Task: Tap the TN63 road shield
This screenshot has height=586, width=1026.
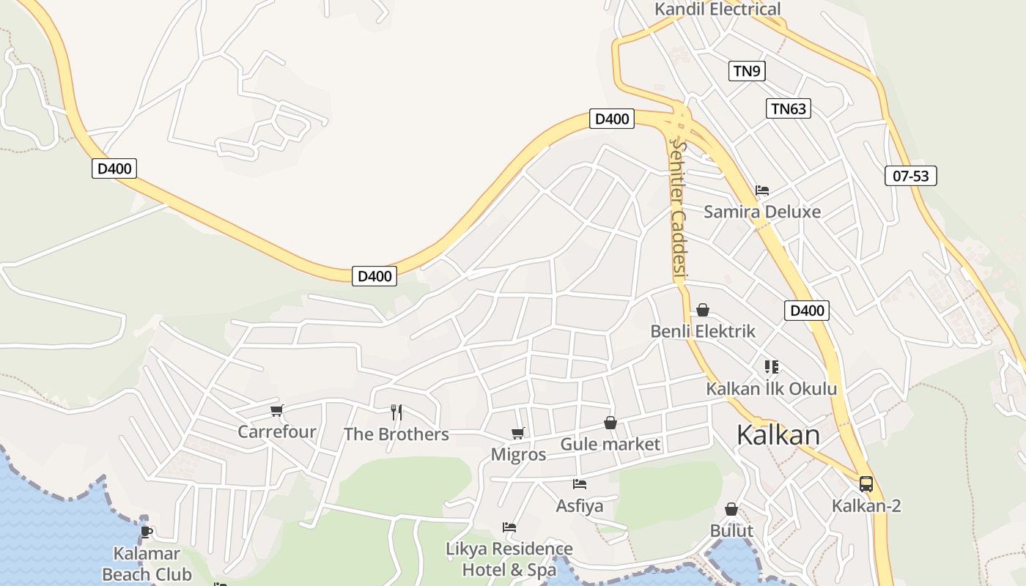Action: coord(789,109)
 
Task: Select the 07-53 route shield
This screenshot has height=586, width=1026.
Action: coord(911,176)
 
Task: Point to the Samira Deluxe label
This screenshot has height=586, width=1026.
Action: coord(762,212)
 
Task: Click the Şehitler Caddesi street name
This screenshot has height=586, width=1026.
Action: coord(679,209)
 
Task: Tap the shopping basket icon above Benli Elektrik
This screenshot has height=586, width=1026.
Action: coord(703,310)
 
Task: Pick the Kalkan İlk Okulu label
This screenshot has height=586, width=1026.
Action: coord(771,388)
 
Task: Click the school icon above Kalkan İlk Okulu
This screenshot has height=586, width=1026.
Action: coord(771,366)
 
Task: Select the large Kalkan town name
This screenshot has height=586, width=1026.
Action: coord(778,434)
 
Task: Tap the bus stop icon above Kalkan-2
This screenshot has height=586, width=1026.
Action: coord(866,484)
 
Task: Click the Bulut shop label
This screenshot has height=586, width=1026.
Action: coord(731,530)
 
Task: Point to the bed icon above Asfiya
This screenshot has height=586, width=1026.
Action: coord(580,484)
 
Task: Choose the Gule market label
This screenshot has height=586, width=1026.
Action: coord(610,444)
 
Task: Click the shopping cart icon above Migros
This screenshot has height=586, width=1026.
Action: coord(518,433)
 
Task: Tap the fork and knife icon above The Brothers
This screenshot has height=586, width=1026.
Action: coord(396,412)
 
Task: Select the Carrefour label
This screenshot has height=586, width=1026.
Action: coord(277,431)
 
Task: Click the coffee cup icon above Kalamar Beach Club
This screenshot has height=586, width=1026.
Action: coord(147,532)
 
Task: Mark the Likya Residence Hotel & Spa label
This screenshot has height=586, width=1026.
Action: coord(509,559)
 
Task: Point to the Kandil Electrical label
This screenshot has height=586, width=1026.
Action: coord(717,10)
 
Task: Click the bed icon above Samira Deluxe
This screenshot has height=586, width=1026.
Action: coord(762,190)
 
